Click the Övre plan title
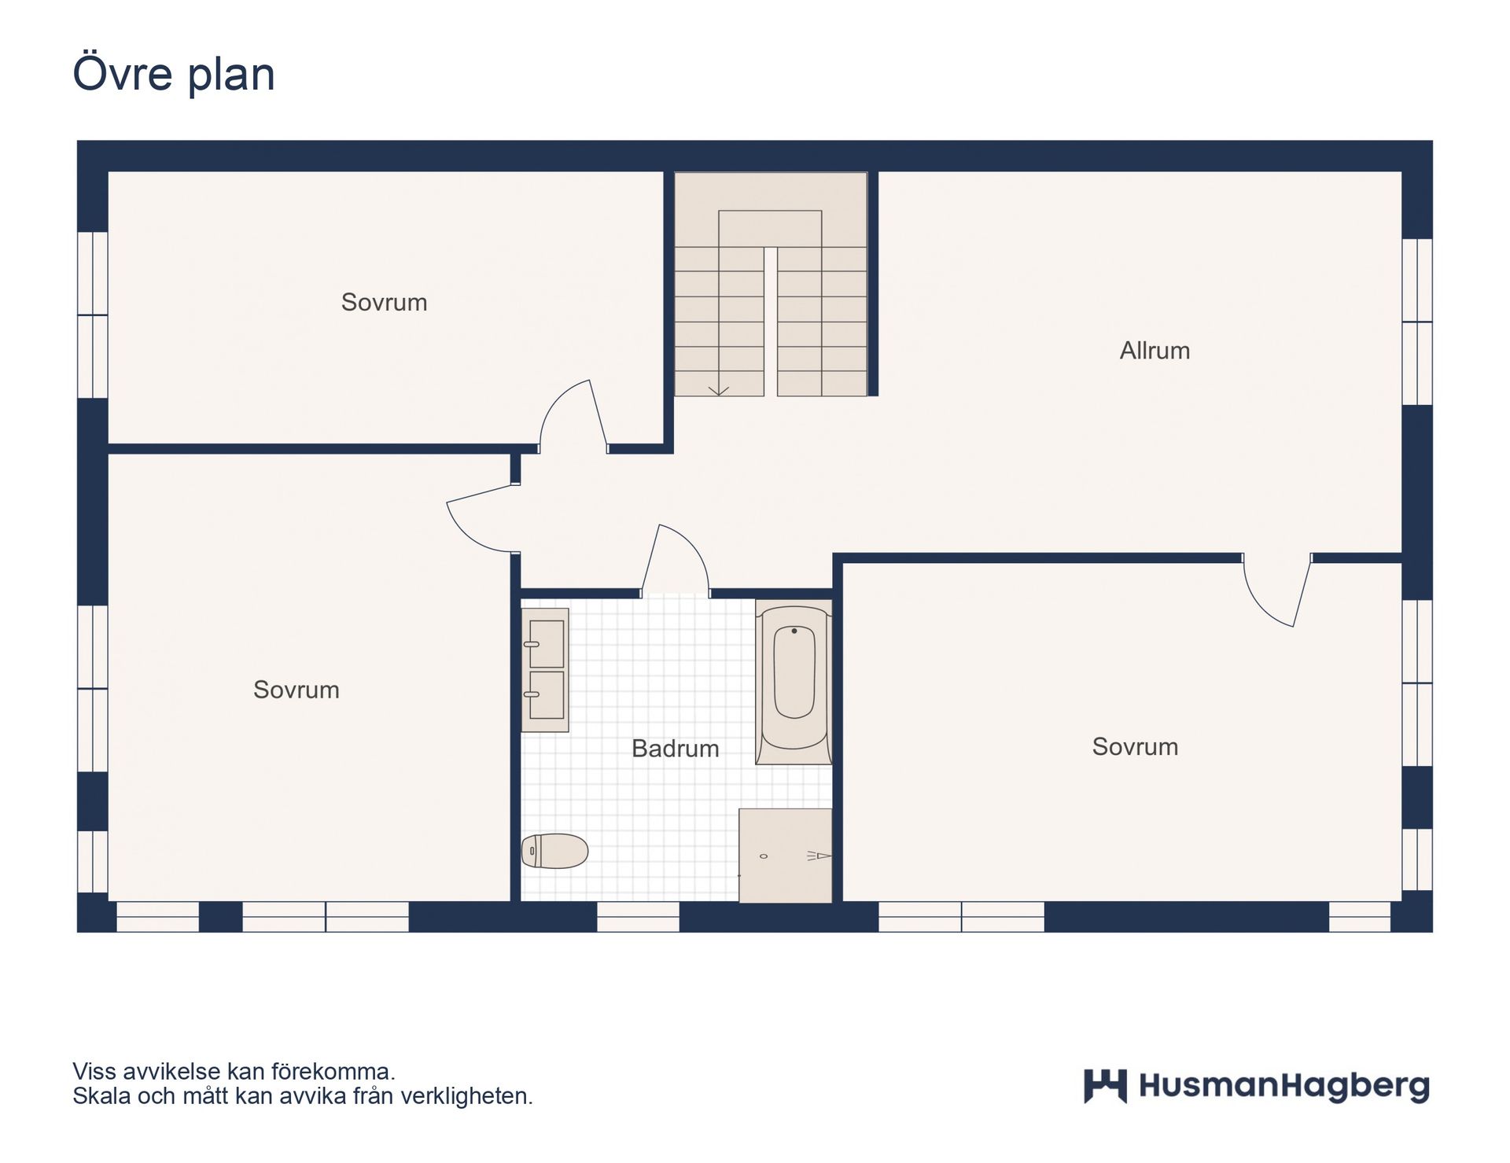pyautogui.click(x=174, y=74)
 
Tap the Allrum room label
pyautogui.click(x=1154, y=351)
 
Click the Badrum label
pyautogui.click(x=675, y=749)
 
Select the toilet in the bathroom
pyautogui.click(x=555, y=851)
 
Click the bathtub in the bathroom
pyautogui.click(x=794, y=681)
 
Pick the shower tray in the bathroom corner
pyautogui.click(x=785, y=856)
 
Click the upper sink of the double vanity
pyautogui.click(x=547, y=643)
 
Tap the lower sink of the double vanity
pyautogui.click(x=547, y=695)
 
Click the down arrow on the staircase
pyautogui.click(x=718, y=390)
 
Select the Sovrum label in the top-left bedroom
pyautogui.click(x=384, y=303)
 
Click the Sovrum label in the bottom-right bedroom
pyautogui.click(x=1134, y=747)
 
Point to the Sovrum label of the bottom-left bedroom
pyautogui.click(x=296, y=690)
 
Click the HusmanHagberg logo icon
pyautogui.click(x=1104, y=1086)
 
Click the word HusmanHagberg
pyautogui.click(x=1283, y=1087)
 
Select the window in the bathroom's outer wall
pyautogui.click(x=638, y=917)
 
